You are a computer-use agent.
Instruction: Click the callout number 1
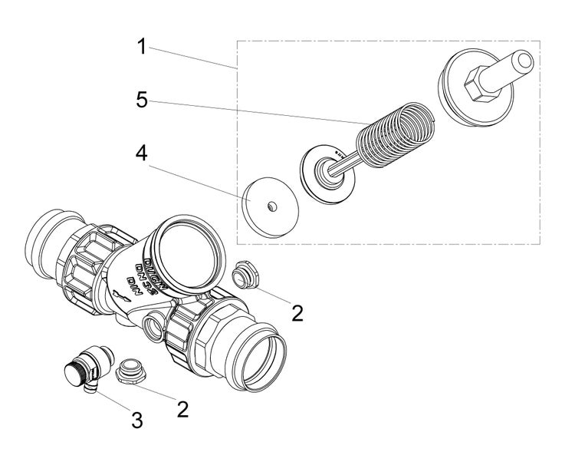(x=141, y=47)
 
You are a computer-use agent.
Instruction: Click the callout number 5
(x=141, y=101)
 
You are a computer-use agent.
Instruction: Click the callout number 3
(x=136, y=420)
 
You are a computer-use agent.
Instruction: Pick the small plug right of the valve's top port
(x=246, y=274)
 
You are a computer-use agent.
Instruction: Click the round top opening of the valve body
(x=188, y=246)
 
